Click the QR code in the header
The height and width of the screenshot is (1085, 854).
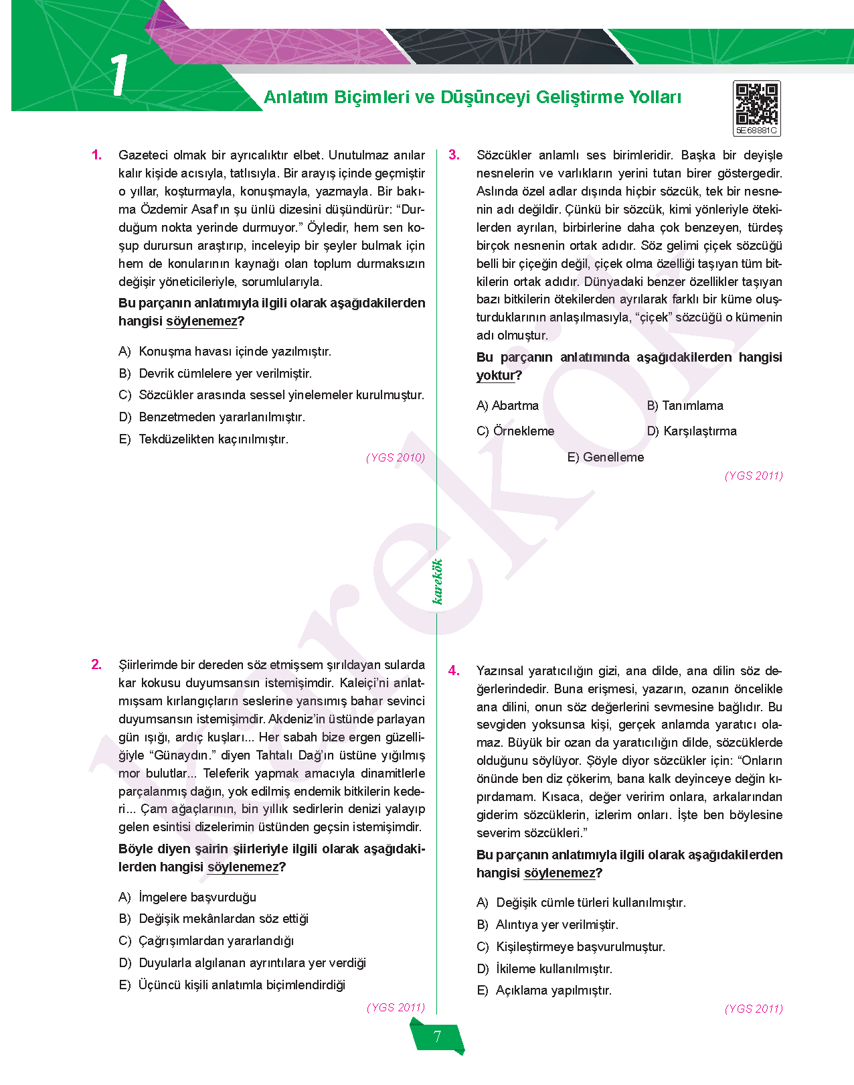(757, 104)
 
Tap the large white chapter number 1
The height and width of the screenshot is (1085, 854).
(119, 75)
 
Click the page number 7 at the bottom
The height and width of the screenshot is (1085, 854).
(437, 1037)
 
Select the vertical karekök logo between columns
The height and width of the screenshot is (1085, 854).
(438, 581)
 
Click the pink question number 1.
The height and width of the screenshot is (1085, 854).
(97, 155)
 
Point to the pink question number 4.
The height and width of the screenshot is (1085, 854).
(454, 671)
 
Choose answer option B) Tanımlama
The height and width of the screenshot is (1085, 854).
(685, 406)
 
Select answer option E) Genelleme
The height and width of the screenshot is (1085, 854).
(605, 457)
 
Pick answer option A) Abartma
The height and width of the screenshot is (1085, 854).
(507, 406)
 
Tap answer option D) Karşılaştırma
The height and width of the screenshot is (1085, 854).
(691, 431)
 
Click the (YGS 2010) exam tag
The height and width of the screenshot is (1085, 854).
(396, 458)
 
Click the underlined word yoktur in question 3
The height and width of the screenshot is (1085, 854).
(495, 376)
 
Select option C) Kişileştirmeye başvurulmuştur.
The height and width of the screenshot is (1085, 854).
(571, 947)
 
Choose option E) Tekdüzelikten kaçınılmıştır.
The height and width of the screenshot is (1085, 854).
(203, 439)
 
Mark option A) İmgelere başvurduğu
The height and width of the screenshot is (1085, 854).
(187, 897)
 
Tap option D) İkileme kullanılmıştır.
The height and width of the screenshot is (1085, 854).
(544, 969)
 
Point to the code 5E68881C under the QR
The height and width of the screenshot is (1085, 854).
(756, 131)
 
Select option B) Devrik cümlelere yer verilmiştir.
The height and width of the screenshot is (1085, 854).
(215, 374)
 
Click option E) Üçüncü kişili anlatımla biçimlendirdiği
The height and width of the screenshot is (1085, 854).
(232, 985)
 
